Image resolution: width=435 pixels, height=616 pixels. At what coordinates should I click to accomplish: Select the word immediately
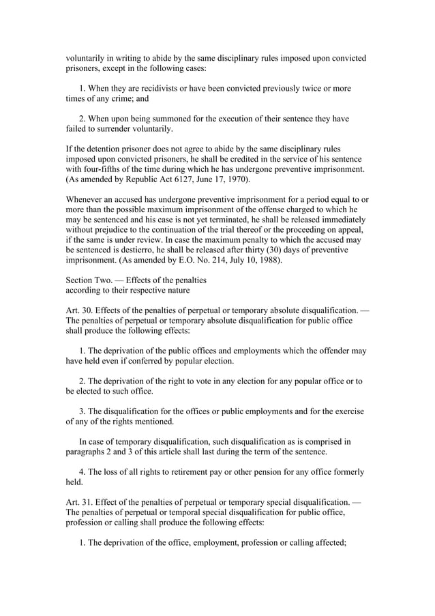pos(340,220)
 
